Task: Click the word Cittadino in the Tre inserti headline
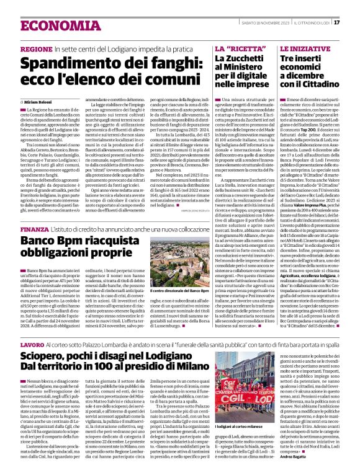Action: tap(320, 92)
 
